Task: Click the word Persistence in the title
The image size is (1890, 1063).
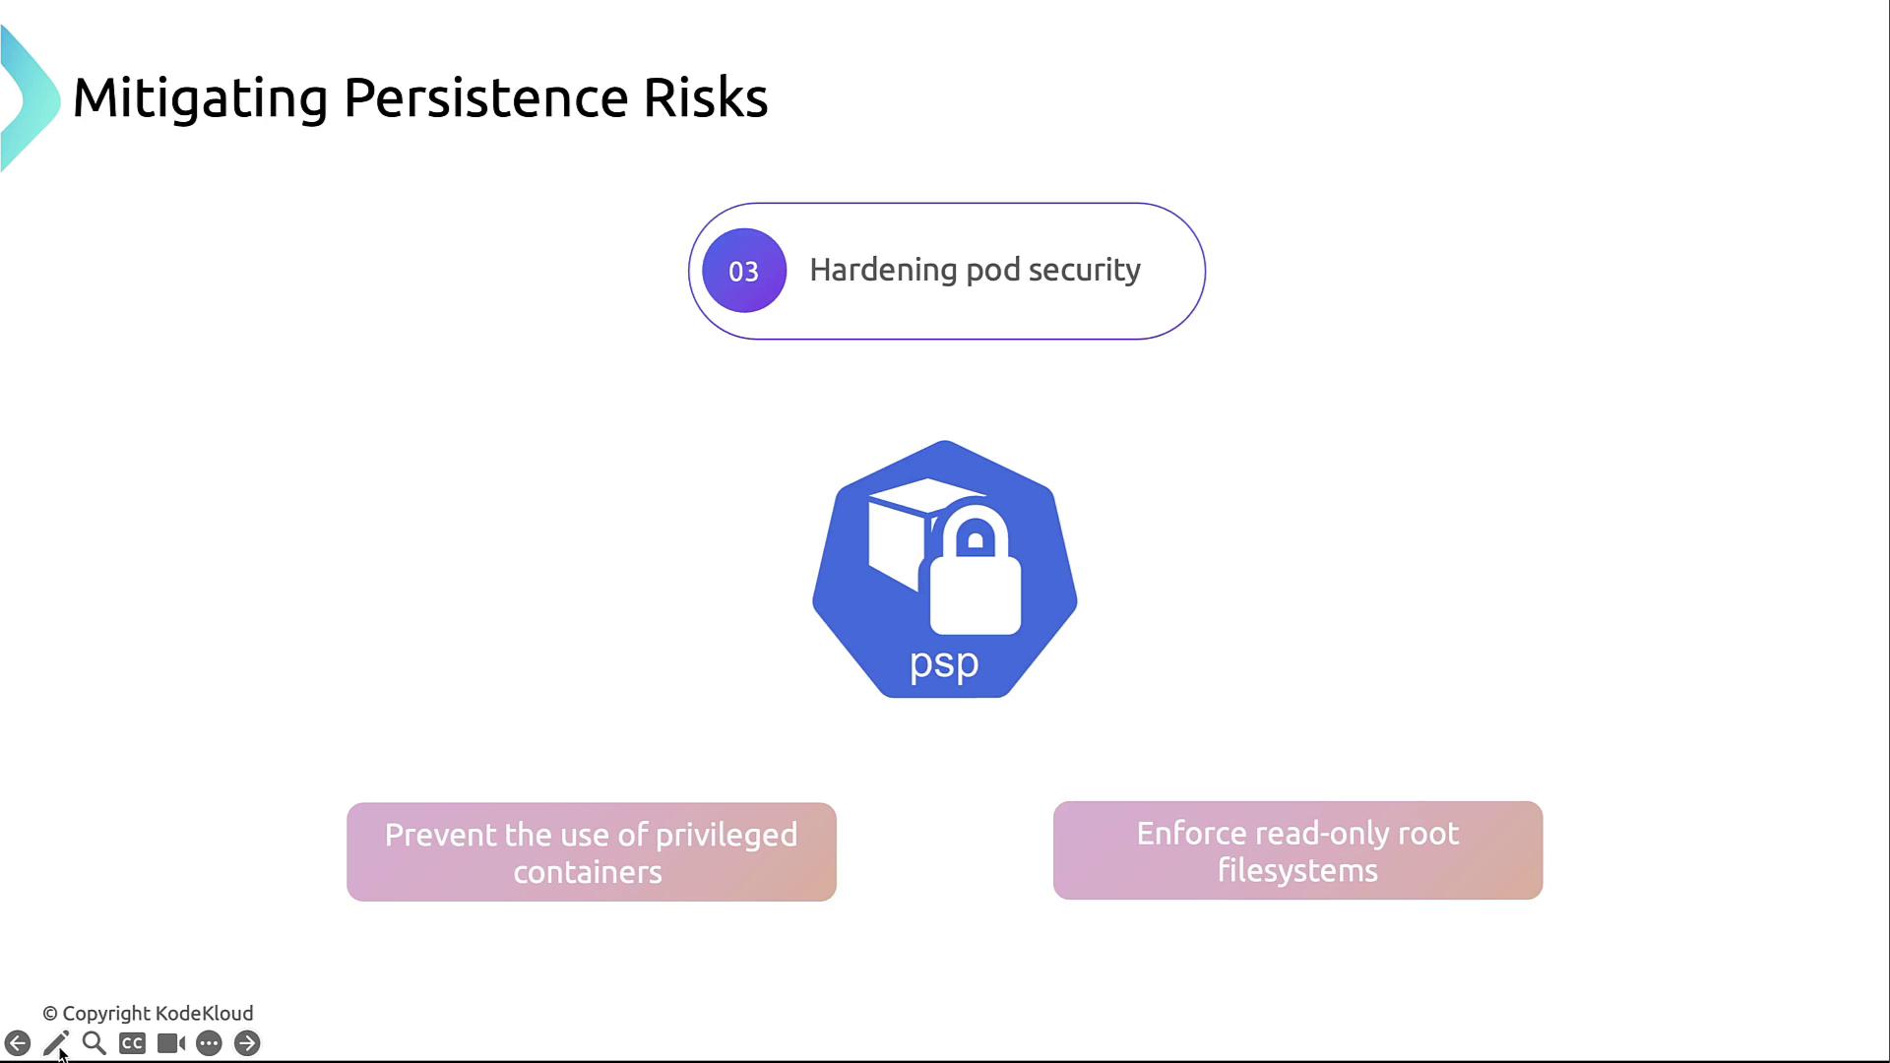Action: tap(485, 97)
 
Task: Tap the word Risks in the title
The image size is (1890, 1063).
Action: tap(705, 97)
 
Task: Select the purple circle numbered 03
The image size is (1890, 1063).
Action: tap(744, 271)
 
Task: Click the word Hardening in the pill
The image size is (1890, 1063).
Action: tap(882, 270)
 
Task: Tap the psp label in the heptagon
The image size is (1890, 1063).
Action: tap(944, 664)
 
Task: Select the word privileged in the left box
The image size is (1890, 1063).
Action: tap(726, 835)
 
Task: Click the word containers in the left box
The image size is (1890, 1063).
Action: tap(588, 872)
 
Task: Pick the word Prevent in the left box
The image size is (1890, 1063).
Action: tap(441, 835)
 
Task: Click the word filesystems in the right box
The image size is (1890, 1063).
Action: tap(1297, 870)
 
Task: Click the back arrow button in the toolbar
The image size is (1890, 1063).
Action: tap(18, 1043)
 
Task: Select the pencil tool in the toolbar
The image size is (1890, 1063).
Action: tap(56, 1043)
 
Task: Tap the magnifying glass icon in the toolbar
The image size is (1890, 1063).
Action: tap(94, 1043)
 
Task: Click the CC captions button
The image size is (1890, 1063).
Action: tap(132, 1043)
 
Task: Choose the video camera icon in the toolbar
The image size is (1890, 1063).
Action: tap(171, 1043)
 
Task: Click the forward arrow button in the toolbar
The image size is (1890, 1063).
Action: tap(247, 1043)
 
